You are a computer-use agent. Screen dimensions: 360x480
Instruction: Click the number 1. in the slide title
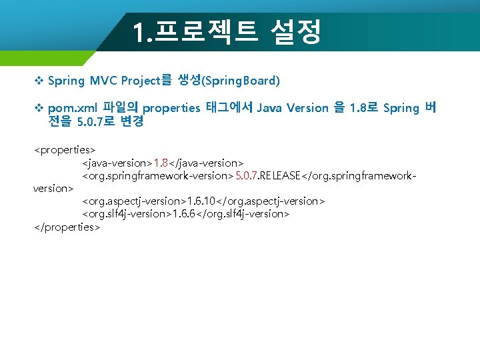(x=143, y=32)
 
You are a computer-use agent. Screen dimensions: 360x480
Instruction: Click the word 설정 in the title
(x=297, y=31)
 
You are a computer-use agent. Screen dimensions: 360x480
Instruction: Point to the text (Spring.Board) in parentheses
(x=241, y=81)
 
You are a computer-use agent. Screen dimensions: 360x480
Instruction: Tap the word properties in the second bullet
(x=171, y=108)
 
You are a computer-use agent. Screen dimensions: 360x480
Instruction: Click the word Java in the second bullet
(x=269, y=108)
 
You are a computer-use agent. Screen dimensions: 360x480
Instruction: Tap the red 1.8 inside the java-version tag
(x=161, y=163)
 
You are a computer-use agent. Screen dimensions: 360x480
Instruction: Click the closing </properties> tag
(x=67, y=227)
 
